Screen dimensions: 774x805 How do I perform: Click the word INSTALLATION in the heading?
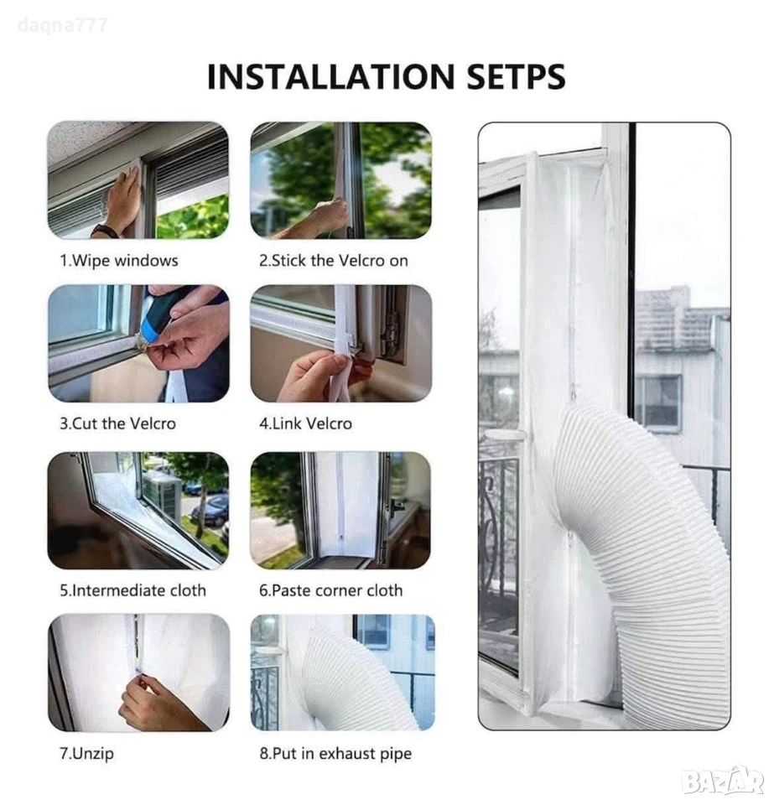tap(329, 76)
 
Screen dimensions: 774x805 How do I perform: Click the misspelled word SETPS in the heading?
tap(516, 76)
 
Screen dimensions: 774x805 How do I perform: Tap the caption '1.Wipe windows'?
tap(119, 261)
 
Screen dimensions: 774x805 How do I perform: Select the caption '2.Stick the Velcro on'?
tap(334, 261)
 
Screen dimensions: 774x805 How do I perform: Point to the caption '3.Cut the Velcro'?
tap(117, 423)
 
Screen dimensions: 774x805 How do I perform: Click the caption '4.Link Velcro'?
tap(305, 423)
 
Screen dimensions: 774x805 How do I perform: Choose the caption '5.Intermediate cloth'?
tap(133, 590)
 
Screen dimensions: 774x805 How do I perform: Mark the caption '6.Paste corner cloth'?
tap(330, 590)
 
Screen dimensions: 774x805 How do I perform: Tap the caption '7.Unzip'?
tap(86, 754)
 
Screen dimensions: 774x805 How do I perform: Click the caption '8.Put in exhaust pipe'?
tap(335, 754)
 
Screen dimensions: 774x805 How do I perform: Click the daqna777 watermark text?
tap(63, 25)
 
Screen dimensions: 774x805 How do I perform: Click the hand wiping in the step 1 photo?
tap(119, 200)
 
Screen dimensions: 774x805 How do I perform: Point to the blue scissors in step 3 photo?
tap(154, 329)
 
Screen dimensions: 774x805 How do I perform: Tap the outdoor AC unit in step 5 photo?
tap(163, 491)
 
